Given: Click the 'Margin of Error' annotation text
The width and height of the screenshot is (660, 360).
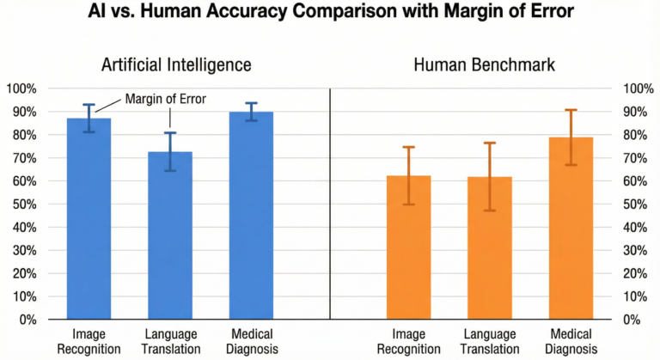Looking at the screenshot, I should tap(166, 99).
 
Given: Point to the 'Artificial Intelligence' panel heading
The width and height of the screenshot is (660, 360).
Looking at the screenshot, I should tap(177, 65).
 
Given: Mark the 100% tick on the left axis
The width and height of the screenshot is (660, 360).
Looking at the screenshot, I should tap(21, 88).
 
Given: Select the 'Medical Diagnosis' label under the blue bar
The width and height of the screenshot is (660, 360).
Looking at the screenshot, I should tap(251, 341).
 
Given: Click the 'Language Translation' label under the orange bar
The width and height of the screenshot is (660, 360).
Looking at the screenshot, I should tap(490, 341).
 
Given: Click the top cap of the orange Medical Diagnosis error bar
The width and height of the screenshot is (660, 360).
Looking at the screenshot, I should tap(571, 110).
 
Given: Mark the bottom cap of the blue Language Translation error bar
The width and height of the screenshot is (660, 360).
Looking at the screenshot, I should tap(170, 170).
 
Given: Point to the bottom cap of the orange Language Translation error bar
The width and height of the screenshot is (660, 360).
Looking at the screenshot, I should tap(490, 211).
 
